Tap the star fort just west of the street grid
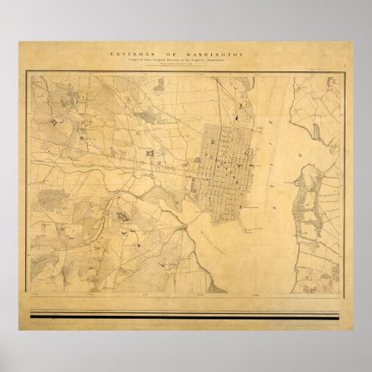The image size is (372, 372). click(x=150, y=152)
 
